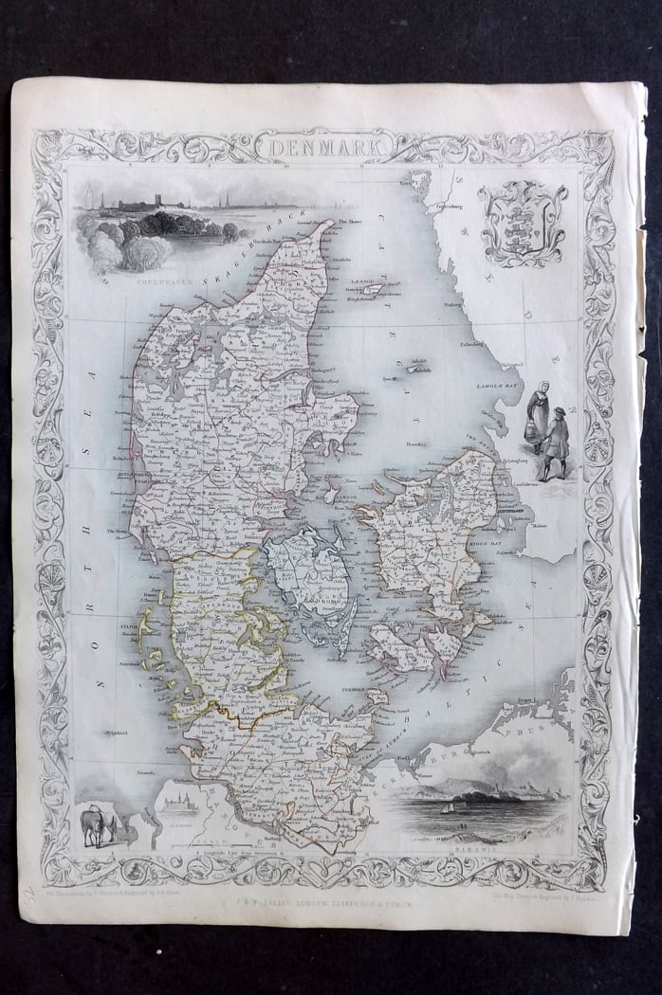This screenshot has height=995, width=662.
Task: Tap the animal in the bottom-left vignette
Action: click(x=97, y=824)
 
